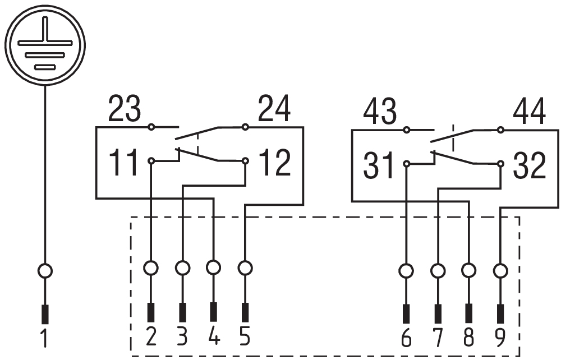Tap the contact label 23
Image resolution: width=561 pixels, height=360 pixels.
click(125, 109)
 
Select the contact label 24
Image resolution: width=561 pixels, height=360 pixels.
click(274, 109)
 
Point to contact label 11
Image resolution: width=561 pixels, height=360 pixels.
click(123, 162)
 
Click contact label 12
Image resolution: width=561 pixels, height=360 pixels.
click(274, 162)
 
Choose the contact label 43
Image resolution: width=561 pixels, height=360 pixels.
click(380, 112)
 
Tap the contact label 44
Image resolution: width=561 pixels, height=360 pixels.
click(529, 112)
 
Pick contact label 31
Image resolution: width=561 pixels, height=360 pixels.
click(379, 165)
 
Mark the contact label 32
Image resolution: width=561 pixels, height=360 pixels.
click(530, 165)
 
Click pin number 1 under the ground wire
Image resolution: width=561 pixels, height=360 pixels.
click(44, 338)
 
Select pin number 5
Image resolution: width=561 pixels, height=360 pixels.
click(245, 336)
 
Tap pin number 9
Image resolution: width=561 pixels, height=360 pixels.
click(500, 338)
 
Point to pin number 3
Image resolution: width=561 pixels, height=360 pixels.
click(182, 336)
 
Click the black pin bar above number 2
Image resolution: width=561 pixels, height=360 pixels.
click(151, 312)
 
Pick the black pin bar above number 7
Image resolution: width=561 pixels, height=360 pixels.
click(438, 314)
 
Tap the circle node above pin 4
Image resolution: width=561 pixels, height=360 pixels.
click(214, 267)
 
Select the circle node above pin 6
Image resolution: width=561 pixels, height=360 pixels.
click(406, 271)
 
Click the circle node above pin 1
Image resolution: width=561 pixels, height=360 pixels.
click(45, 271)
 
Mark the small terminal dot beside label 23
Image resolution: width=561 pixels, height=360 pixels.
click(151, 127)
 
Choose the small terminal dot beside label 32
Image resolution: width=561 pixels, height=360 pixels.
click(500, 164)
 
